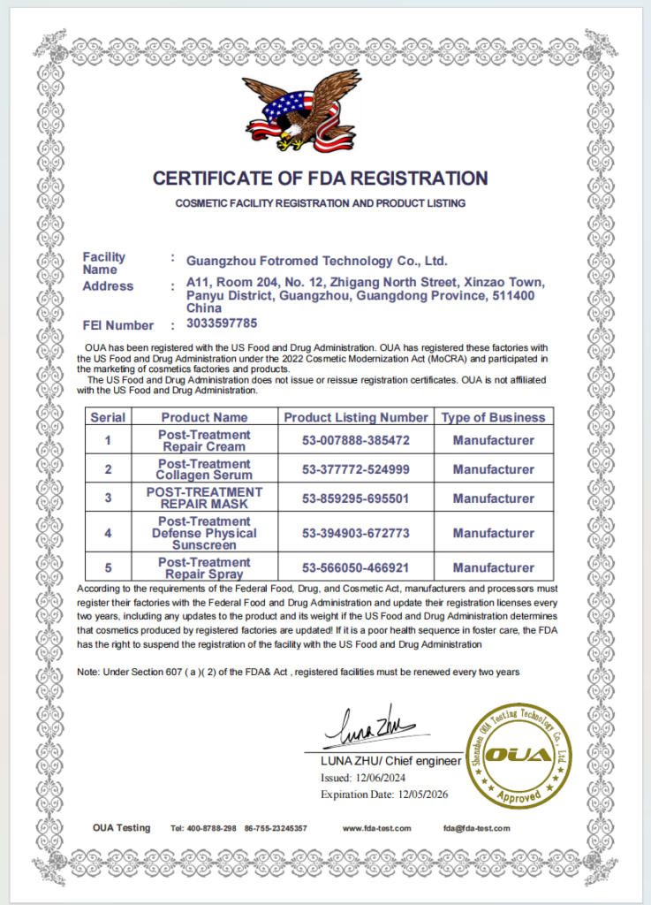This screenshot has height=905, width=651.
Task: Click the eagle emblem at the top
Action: (301, 111)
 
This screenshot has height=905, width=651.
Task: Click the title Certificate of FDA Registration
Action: (320, 179)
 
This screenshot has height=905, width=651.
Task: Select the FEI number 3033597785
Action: (223, 323)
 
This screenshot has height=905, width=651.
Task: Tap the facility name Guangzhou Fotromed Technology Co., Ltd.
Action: (318, 261)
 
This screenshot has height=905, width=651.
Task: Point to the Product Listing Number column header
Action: (355, 417)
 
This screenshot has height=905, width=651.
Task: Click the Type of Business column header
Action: (493, 417)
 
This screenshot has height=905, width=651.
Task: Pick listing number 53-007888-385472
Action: (355, 440)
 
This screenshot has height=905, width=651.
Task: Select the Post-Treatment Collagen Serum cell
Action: (204, 469)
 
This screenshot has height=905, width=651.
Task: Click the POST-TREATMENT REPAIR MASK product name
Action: (204, 498)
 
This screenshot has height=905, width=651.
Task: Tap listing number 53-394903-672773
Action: (355, 533)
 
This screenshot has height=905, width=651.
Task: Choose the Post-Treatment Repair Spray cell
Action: (204, 567)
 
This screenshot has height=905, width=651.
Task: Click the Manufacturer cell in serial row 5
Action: (493, 567)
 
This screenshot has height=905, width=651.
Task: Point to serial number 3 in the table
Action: (108, 498)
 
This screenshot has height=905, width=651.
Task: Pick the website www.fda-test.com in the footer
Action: (377, 828)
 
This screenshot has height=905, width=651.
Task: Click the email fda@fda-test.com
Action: (477, 828)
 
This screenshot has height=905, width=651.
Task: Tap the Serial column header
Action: (108, 417)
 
